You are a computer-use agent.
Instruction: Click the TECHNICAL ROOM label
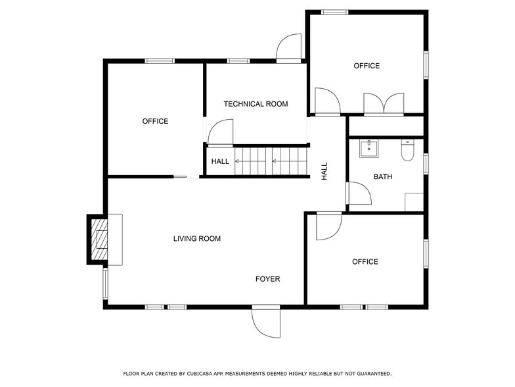(256, 104)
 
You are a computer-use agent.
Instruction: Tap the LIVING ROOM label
(197, 239)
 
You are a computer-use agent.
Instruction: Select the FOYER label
(267, 279)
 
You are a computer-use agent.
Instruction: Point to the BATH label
(383, 176)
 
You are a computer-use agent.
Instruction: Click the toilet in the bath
(407, 151)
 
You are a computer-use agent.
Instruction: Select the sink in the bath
(369, 148)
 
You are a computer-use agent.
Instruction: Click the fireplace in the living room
(101, 240)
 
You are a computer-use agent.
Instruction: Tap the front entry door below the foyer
(266, 322)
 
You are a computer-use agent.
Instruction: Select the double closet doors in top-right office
(384, 104)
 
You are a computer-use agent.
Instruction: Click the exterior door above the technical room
(289, 49)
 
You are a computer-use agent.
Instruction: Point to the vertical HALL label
(325, 172)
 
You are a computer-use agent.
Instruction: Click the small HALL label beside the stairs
(220, 161)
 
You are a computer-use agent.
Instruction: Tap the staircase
(271, 161)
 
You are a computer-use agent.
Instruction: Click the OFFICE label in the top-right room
(367, 66)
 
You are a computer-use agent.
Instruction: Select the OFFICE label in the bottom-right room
(365, 262)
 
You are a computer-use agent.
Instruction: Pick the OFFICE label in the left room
(155, 121)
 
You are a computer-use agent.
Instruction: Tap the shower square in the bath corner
(414, 202)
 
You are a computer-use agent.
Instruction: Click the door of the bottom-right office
(328, 226)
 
